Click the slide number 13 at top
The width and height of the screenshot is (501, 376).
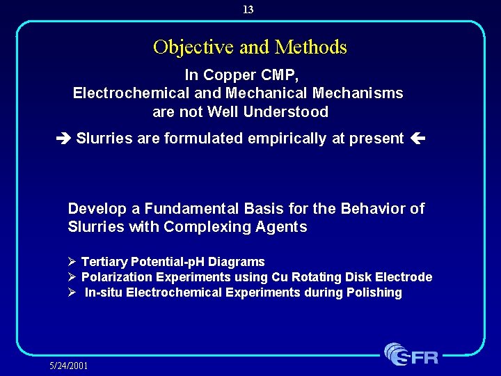coord(248,10)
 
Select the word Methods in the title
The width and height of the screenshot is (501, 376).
coord(310,47)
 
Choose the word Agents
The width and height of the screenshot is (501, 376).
coord(285,228)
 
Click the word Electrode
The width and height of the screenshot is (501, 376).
coord(404,278)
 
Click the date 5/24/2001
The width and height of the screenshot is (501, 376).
coord(69,366)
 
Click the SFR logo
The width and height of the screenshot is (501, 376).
coord(411,354)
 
